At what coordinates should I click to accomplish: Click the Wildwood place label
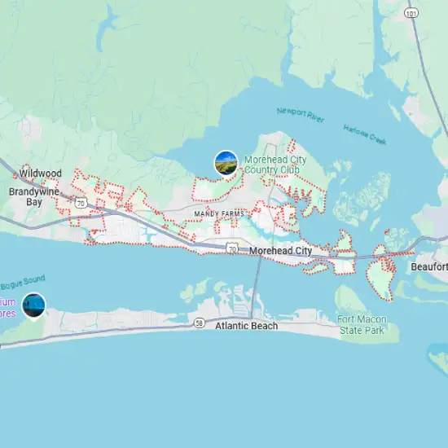(41, 173)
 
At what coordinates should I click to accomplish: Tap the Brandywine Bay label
(33, 196)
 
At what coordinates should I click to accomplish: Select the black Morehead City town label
(281, 252)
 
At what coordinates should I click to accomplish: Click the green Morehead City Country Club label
(275, 165)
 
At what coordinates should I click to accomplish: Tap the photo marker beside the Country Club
(226, 163)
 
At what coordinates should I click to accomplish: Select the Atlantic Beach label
(247, 326)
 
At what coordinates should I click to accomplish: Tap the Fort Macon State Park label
(362, 324)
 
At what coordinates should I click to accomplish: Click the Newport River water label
(300, 115)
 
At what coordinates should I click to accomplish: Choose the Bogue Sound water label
(22, 282)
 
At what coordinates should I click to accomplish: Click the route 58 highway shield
(199, 324)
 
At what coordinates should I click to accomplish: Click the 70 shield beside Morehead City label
(234, 246)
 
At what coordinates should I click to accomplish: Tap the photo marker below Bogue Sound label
(34, 305)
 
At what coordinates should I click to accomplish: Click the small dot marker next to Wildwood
(15, 173)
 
